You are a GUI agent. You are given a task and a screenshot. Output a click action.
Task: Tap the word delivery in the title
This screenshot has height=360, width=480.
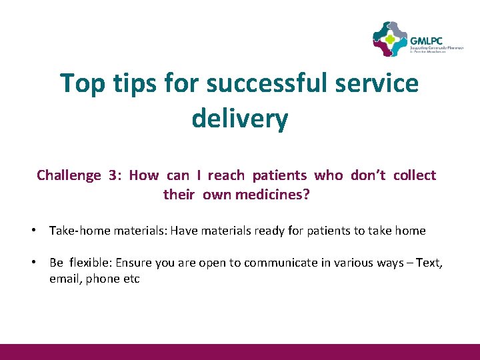239,119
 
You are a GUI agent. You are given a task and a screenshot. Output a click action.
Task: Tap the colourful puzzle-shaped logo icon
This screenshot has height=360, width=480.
389,39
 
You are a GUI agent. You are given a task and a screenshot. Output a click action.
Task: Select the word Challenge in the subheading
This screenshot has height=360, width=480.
68,175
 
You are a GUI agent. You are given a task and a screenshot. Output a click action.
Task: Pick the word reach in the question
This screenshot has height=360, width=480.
226,175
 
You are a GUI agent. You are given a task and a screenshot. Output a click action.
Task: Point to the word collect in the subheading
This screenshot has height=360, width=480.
414,175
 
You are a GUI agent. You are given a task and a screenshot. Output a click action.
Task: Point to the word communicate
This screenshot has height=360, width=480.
276,263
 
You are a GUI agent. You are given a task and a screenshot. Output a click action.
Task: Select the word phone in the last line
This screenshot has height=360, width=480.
101,279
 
